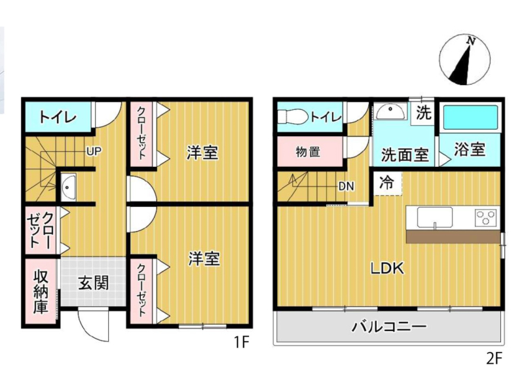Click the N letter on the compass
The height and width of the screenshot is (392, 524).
click(471, 41)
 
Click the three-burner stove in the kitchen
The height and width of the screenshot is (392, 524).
click(486, 217)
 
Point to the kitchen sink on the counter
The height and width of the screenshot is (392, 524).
click(434, 217)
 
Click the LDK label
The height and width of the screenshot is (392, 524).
click(387, 268)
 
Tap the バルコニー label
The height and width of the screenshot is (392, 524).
click(388, 326)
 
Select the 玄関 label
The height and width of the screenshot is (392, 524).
click(94, 283)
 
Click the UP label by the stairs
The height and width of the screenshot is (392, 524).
click(94, 152)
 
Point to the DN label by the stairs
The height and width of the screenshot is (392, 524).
click(346, 187)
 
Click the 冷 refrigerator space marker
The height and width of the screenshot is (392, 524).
click(386, 183)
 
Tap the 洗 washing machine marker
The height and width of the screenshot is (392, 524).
click(423, 113)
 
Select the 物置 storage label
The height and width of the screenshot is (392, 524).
click(308, 152)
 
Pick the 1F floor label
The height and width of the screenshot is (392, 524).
click(241, 342)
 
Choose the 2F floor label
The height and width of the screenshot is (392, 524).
click(495, 358)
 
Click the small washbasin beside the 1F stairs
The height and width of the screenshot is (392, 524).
click(68, 187)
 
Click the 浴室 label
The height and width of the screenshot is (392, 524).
click(470, 149)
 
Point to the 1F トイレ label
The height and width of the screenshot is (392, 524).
click(58, 118)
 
